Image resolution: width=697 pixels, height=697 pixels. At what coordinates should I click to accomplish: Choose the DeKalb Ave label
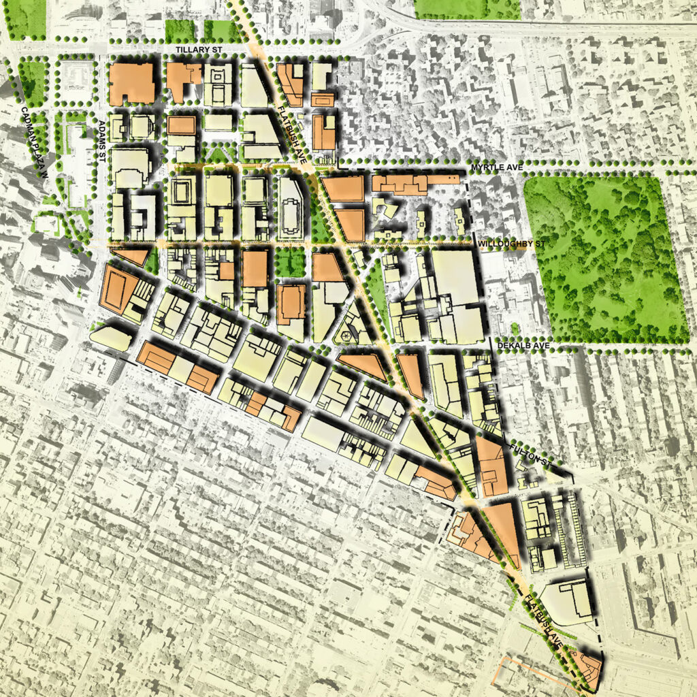519,346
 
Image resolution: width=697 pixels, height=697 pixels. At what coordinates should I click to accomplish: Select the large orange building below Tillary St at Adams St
132,84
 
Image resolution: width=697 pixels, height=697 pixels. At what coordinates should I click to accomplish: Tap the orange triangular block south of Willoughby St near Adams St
132,256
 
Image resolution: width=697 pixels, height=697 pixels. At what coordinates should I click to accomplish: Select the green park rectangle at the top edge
466,8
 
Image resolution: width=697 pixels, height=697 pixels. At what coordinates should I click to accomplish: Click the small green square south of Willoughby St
290,262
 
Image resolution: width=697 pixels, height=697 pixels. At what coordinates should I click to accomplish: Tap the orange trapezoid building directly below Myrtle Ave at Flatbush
343,189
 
